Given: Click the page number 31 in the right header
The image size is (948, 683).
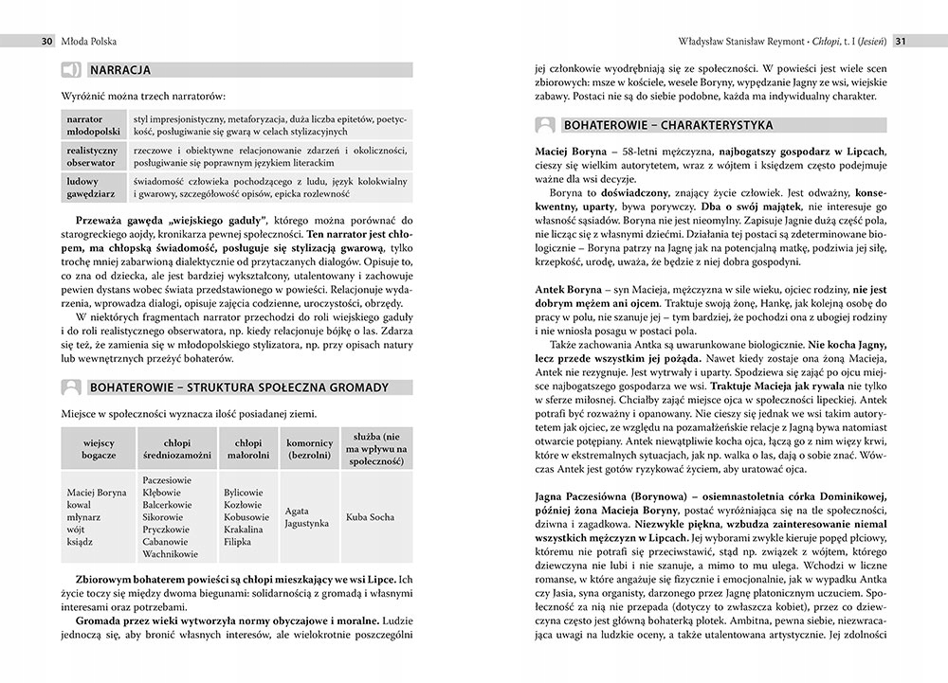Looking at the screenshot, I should pos(903,41).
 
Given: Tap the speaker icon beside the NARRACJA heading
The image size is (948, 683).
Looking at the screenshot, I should pos(70,69).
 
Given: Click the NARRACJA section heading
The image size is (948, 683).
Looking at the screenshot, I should pos(120,69).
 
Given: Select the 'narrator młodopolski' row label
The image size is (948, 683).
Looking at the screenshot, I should pos(92,125).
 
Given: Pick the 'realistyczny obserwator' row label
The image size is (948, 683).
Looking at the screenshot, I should pos(92,156).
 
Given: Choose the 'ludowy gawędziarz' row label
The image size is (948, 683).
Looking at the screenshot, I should pos(92,187).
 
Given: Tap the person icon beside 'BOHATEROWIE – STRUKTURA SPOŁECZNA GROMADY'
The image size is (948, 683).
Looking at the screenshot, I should pos(70,386).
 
